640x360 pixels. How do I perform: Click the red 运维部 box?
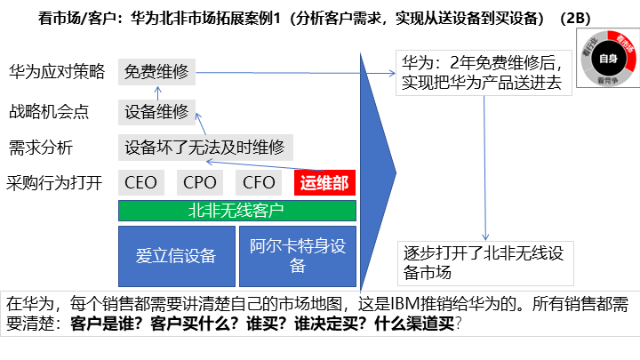[324, 184]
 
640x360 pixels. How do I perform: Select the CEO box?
[141, 184]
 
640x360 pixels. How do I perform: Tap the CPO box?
[200, 184]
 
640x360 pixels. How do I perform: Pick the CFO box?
[259, 184]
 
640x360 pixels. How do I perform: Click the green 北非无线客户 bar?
[236, 211]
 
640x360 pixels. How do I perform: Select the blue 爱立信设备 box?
[176, 256]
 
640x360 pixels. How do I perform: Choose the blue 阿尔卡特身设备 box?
[298, 256]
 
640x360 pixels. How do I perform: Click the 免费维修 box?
[156, 71]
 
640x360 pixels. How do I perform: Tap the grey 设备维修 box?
[156, 112]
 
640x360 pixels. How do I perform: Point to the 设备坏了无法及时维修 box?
[205, 148]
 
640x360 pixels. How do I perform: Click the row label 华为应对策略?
[57, 71]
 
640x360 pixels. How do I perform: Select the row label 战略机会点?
[48, 112]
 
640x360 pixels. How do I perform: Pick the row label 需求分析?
[40, 148]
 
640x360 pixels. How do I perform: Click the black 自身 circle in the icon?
[607, 59]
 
